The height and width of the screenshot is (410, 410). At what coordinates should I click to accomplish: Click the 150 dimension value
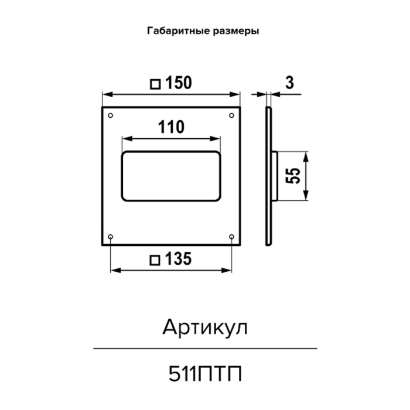tap(179, 83)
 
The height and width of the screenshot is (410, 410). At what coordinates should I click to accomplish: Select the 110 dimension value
tap(171, 127)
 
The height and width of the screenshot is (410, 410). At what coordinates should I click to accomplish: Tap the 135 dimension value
tap(179, 259)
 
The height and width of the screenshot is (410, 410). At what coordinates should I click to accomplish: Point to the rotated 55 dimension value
tap(293, 176)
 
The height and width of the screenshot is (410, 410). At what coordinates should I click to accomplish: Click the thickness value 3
tap(289, 83)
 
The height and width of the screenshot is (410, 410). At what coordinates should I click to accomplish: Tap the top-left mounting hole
tap(110, 115)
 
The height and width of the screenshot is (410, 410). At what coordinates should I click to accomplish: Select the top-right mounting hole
tap(231, 115)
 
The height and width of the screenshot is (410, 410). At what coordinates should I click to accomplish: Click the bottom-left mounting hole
tap(110, 237)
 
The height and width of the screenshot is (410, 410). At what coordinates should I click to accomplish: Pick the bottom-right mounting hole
tap(231, 237)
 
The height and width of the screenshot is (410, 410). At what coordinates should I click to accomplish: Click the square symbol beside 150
tap(155, 84)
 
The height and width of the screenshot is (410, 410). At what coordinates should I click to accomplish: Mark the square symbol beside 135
tap(155, 261)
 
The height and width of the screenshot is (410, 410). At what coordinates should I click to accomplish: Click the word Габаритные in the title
tap(179, 31)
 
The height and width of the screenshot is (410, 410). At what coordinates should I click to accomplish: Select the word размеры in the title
tap(236, 32)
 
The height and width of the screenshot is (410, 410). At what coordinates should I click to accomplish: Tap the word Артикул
tap(205, 327)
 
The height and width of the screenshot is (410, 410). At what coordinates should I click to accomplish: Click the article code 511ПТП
tap(205, 374)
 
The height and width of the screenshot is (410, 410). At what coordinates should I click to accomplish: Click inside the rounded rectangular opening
tap(171, 176)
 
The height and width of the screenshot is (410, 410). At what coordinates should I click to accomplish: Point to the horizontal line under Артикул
tap(205, 348)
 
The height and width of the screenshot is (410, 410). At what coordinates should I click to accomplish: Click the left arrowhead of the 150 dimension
tap(107, 94)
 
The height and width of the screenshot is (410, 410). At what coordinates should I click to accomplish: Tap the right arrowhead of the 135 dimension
tap(226, 271)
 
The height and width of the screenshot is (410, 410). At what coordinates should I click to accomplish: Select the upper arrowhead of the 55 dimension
tap(306, 156)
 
